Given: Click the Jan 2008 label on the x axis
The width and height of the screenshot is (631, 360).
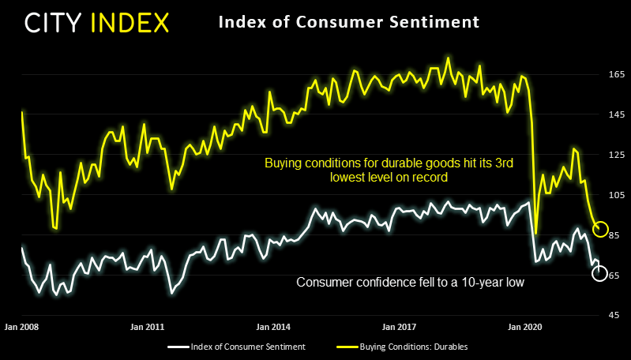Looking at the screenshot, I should pos(21,326).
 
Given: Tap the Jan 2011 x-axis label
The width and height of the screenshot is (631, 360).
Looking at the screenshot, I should pos(147,326).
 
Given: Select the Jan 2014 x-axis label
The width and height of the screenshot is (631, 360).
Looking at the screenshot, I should pos(272,326).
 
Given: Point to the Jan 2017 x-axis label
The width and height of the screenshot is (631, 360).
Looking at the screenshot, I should pos(398,326).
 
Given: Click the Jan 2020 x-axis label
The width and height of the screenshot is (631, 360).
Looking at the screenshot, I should pos(524,326).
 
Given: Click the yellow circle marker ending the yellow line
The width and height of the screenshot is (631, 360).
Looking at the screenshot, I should pos(600,229).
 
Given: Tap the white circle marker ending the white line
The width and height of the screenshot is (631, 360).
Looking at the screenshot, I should pos(599,273).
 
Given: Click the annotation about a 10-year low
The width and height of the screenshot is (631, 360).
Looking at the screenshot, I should pos(410,282).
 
